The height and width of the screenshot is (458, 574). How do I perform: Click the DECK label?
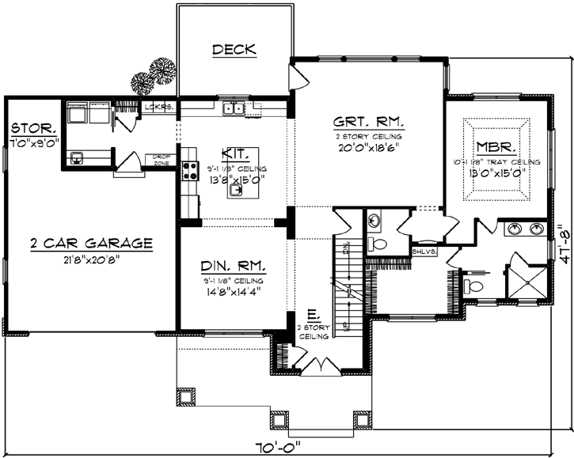pos(234,50)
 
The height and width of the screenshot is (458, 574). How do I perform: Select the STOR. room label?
pos(32,128)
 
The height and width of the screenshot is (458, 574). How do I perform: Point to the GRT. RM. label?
pos(369,123)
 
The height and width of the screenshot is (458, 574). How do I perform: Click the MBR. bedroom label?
pos(496,147)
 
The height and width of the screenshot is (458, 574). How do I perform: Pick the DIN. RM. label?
pos(234,266)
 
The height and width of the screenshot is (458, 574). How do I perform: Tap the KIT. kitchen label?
pos(235,153)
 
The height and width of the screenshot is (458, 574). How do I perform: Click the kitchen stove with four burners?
pos(190,168)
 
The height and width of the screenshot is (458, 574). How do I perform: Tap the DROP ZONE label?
pos(162,160)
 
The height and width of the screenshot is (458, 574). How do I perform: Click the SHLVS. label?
pos(420,252)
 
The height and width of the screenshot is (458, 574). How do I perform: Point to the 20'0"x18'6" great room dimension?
pos(369,146)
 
